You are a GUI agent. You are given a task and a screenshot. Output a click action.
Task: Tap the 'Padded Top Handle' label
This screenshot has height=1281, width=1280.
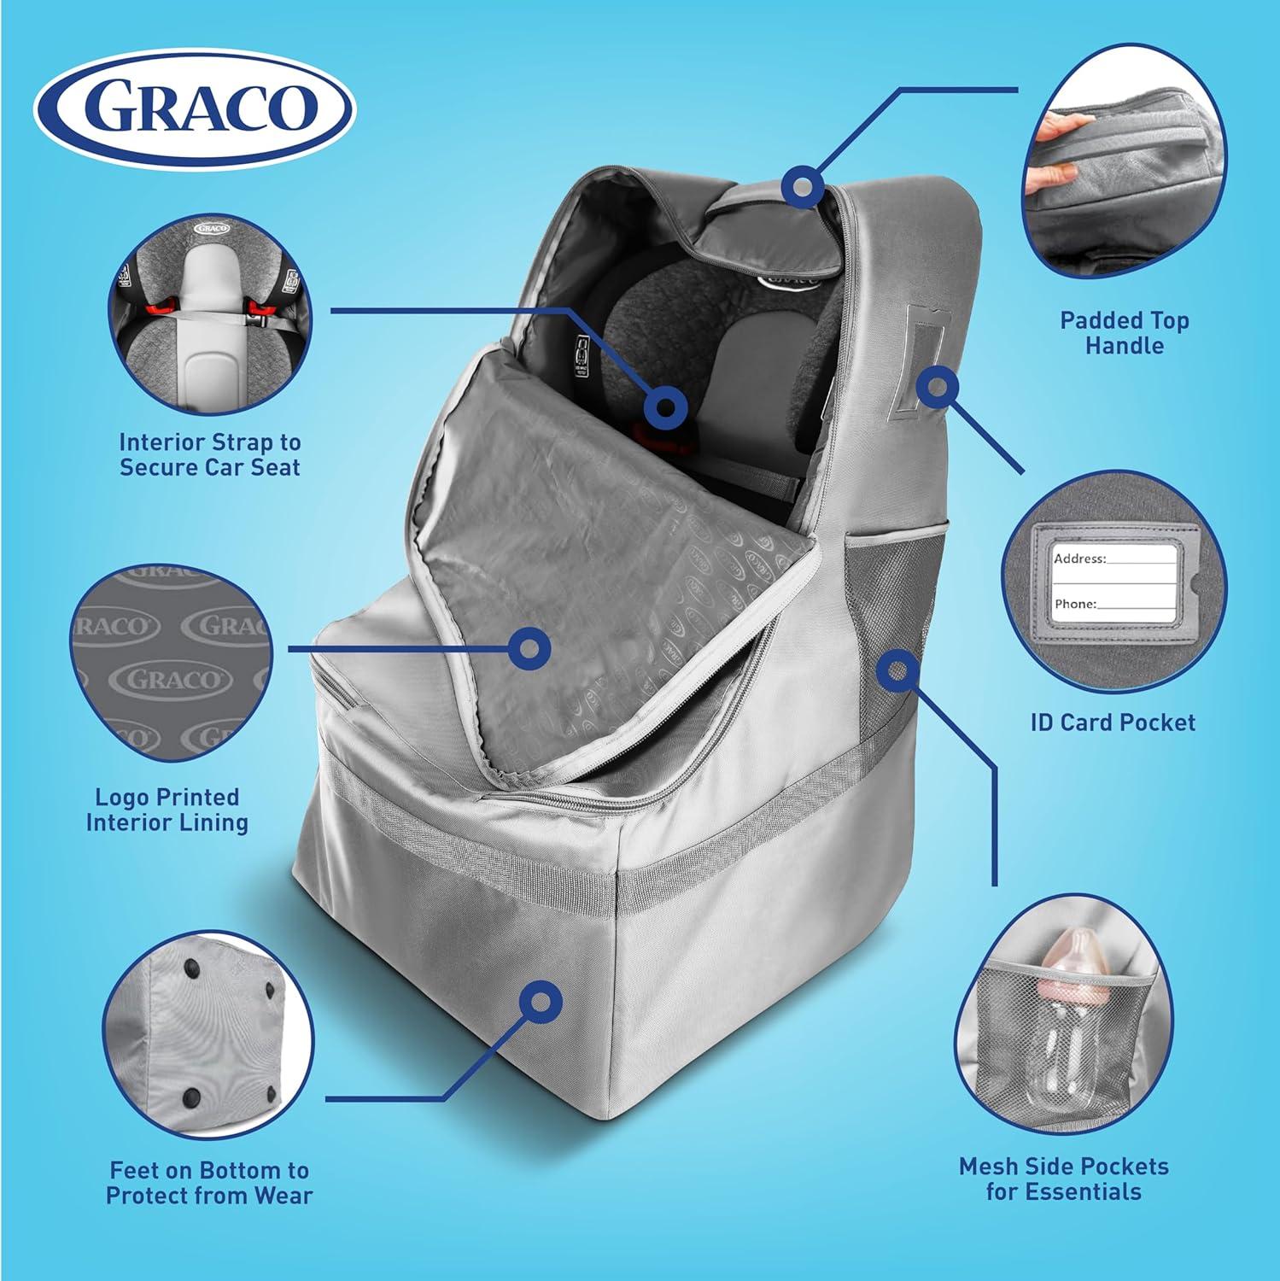click(1124, 333)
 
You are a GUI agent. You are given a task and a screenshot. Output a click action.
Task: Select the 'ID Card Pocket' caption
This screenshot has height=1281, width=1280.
click(1113, 722)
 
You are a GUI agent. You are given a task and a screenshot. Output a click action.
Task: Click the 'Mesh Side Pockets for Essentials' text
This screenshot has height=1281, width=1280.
click(1063, 1179)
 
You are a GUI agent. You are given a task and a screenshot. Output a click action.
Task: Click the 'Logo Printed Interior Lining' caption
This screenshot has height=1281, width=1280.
click(167, 810)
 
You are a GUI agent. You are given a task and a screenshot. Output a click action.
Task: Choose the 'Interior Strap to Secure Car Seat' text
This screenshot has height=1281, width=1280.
click(210, 454)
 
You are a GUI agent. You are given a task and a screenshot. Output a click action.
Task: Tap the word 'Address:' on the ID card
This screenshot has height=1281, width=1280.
click(1079, 559)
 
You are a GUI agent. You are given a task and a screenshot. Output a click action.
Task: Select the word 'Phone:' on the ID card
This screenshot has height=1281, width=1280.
click(1075, 604)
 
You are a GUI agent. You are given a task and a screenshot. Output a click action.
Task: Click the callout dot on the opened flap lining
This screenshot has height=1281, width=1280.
click(529, 648)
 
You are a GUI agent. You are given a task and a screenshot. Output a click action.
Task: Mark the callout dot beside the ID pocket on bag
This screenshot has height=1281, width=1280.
click(937, 387)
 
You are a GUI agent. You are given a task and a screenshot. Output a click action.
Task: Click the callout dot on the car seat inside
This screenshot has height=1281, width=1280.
click(665, 406)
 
